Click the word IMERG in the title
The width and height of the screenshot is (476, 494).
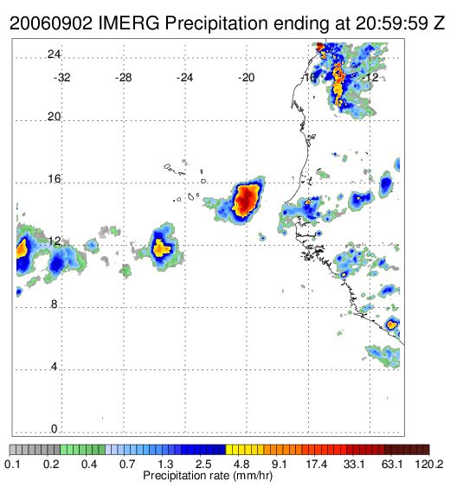pos(129,22)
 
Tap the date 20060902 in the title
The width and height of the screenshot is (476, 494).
pos(51,22)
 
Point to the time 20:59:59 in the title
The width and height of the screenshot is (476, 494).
pos(392,22)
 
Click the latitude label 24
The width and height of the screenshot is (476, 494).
pos(54,55)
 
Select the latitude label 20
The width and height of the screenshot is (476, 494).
pos(54,117)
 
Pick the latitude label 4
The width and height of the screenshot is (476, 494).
pos(55,367)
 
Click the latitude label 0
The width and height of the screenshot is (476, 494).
pos(55,429)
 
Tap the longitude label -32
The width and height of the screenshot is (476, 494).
pos(61,78)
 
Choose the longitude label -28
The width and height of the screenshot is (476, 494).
pos(123,78)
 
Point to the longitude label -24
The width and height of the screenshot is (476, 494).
pos(184,78)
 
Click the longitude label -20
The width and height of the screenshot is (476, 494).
pos(246,78)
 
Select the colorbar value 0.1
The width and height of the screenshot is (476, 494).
pos(13,464)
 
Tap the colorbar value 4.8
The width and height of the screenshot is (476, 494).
pos(241,464)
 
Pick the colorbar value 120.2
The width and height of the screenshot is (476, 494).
pos(428,464)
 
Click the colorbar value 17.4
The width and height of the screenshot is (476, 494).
pos(317,464)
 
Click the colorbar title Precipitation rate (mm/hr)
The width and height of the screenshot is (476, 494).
pos(208,476)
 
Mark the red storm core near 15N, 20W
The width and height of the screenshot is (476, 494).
pos(246,201)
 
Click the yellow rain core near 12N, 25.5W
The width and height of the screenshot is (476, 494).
pos(161,248)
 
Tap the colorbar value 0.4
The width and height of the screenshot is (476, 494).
pos(89,464)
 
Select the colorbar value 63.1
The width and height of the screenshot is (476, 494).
pos(392,464)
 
